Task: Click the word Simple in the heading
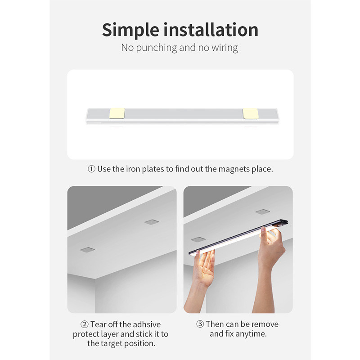click(x=130, y=30)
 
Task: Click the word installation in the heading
click(x=211, y=29)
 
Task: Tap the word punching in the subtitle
click(x=156, y=48)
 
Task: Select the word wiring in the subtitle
click(x=225, y=48)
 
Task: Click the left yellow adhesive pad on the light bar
click(x=117, y=113)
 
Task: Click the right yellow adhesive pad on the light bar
click(x=251, y=114)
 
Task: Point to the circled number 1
click(x=91, y=169)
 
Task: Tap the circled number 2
click(x=84, y=324)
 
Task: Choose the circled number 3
click(x=200, y=324)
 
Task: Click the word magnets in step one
click(x=234, y=169)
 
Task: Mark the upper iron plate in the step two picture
click(x=152, y=222)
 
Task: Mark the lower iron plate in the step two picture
click(x=87, y=250)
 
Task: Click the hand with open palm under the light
click(x=204, y=269)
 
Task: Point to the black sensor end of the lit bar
click(x=283, y=223)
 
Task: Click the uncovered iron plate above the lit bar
click(x=263, y=211)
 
